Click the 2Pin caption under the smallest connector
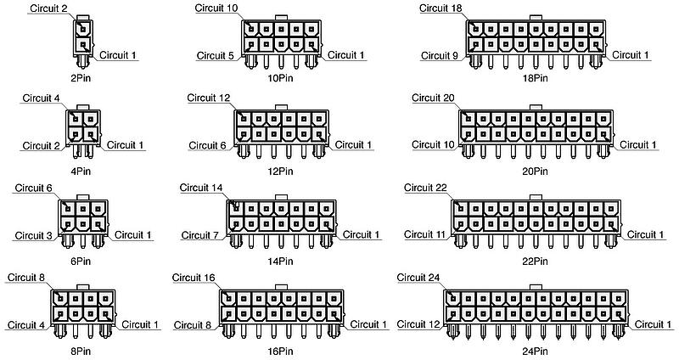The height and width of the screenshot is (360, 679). point(81,78)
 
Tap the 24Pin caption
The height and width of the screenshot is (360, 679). point(535,351)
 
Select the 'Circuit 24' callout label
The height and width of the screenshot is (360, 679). point(418,278)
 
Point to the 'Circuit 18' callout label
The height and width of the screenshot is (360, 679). point(441,8)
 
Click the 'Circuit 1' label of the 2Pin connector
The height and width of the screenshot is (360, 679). point(117,55)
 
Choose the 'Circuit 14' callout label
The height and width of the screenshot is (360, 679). point(201,188)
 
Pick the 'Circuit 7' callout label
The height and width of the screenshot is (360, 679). point(199,235)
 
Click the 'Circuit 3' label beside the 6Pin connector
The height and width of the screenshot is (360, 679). point(33,236)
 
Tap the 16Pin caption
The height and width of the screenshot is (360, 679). point(280,351)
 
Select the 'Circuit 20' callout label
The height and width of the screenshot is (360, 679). point(433,98)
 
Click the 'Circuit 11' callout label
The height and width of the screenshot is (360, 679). point(424,234)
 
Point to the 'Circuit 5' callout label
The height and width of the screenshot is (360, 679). point(216,55)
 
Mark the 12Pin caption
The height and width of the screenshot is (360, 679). point(280,172)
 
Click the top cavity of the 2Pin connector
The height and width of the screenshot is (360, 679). point(82,29)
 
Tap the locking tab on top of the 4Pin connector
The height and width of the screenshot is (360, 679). point(82,108)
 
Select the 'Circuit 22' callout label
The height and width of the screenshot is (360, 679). point(425,188)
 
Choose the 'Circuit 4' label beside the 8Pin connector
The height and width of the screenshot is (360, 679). point(26,325)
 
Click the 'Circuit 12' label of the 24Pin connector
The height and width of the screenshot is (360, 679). point(418,324)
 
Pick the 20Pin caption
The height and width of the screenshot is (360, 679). point(535,172)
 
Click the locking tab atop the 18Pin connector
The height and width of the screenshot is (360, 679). point(536,18)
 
